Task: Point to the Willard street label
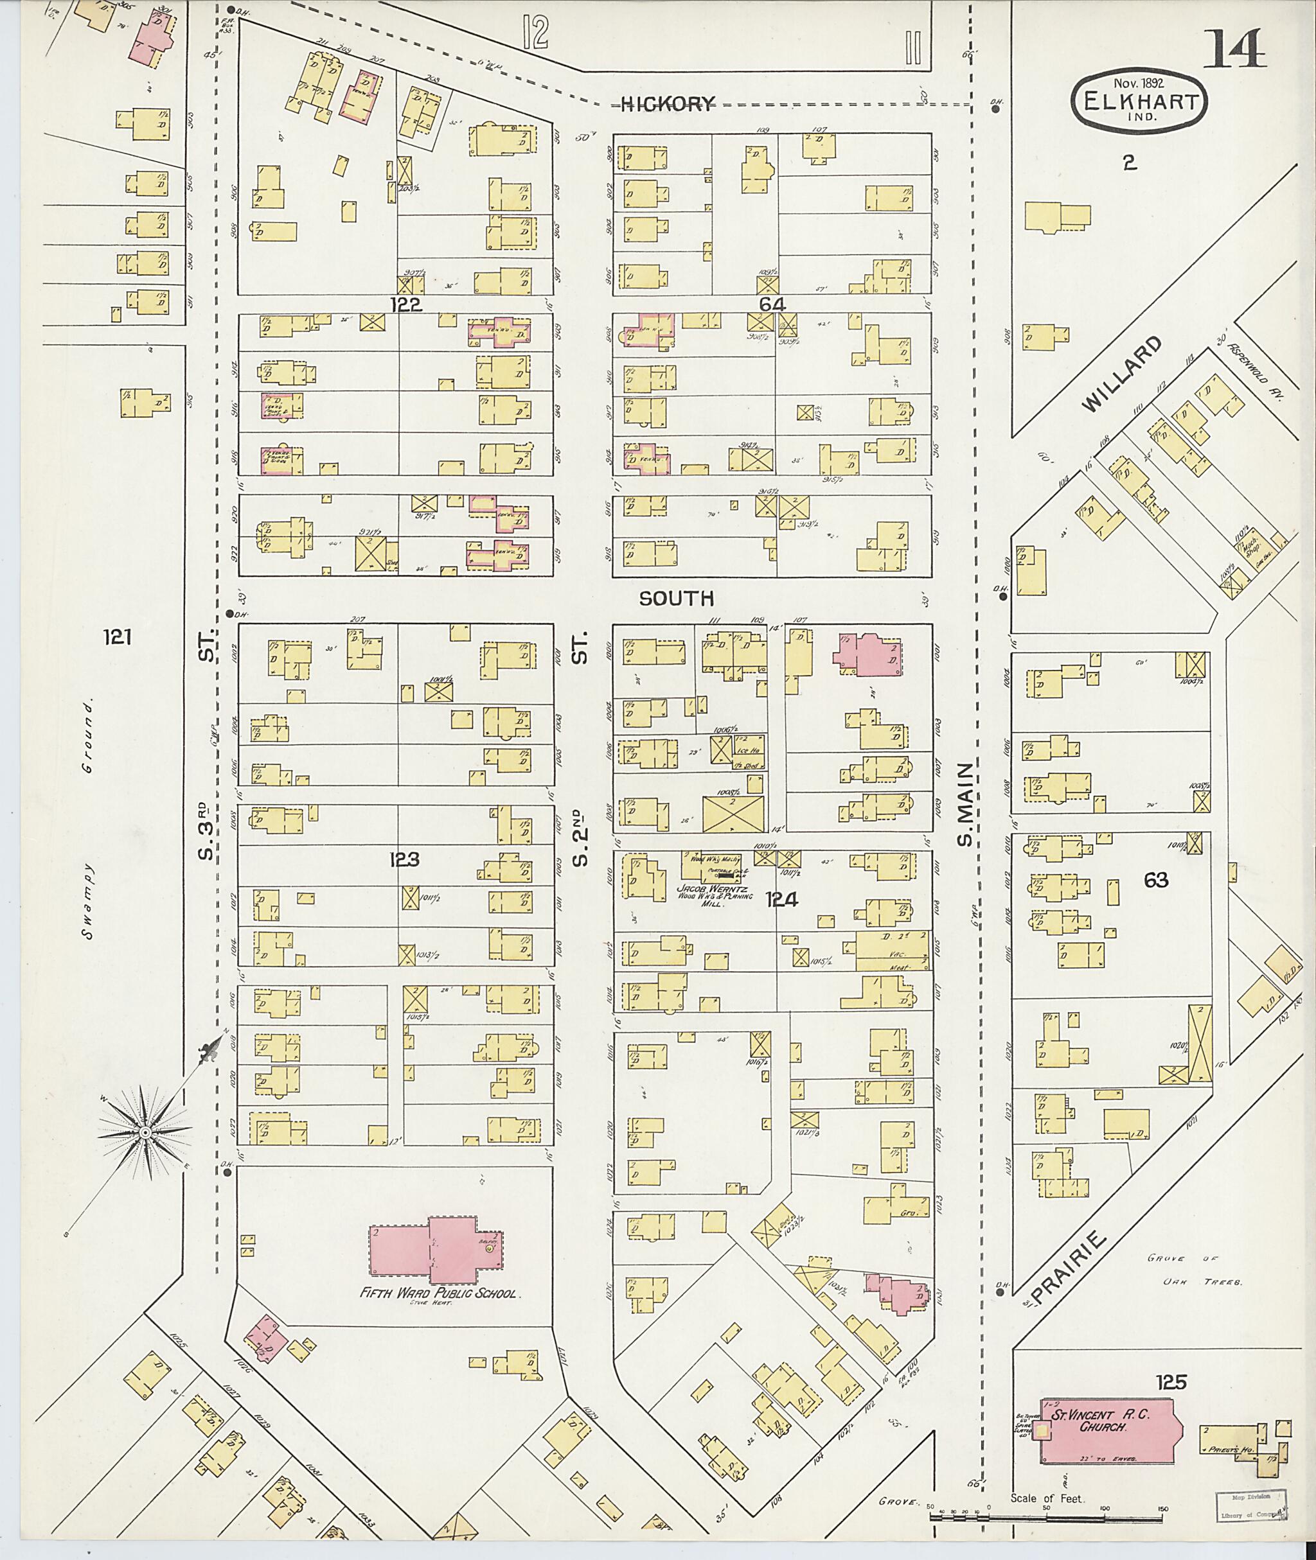coord(1121,374)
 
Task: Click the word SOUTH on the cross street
coord(677,598)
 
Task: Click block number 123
coord(404,860)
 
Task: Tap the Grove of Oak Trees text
coord(1195,1270)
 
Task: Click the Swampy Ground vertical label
coord(90,820)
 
